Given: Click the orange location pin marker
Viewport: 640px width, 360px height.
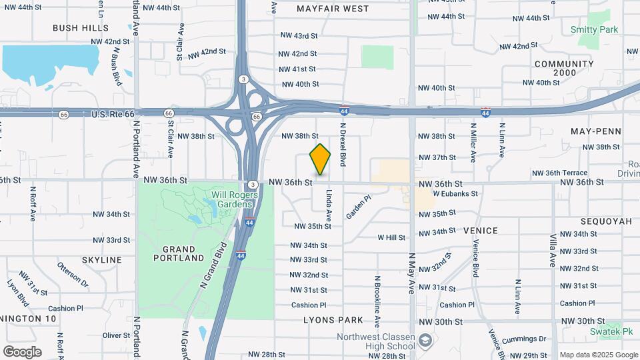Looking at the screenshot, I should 320,159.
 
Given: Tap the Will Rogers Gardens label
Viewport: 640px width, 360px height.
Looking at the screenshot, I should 232,199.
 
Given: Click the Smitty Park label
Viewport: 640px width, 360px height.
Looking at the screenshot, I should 595,29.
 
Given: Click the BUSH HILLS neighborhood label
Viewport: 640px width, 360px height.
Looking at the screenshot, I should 81,28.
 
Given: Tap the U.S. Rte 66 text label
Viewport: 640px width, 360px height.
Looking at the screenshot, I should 113,115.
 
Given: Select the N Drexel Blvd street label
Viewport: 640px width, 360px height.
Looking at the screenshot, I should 343,144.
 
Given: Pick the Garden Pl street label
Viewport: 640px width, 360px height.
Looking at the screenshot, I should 358,207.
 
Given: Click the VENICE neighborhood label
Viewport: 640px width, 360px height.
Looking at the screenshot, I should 481,231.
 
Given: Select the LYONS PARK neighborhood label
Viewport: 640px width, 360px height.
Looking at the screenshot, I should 333,320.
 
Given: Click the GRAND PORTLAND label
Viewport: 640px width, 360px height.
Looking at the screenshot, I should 179,253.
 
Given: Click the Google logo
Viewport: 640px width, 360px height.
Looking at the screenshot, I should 21,352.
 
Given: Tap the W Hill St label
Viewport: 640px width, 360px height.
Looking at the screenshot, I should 391,237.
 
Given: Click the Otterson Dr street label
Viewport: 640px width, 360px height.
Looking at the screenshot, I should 73,275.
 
